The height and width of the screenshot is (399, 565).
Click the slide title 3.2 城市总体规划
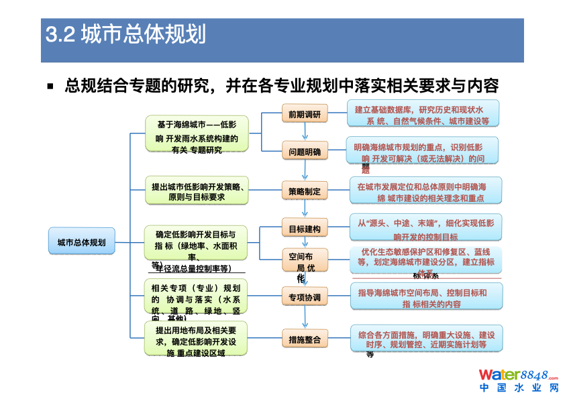[x=125, y=34]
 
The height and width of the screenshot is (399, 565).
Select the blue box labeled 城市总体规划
[x=81, y=241]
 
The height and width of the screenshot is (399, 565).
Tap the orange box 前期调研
[x=305, y=114]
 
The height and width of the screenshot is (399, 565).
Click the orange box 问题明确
[x=305, y=152]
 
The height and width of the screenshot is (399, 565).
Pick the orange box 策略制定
[x=305, y=191]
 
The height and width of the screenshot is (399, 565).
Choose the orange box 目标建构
[x=305, y=229]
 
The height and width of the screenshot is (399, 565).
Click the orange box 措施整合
[x=305, y=339]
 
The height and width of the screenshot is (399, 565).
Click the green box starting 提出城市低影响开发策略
[x=197, y=192]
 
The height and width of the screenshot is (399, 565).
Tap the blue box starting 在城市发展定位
[x=426, y=192]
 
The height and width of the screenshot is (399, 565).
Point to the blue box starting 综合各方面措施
[x=426, y=339]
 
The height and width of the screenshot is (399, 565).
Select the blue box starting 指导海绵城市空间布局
[x=426, y=297]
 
